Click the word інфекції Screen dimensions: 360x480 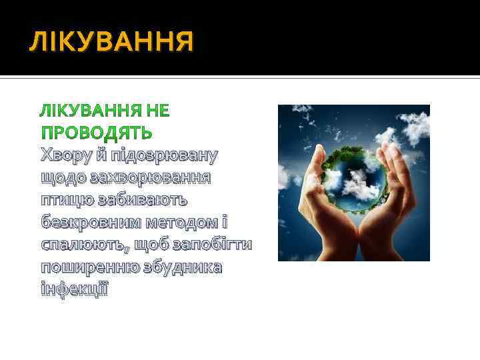click(x=74, y=289)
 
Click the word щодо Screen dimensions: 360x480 click(x=62, y=178)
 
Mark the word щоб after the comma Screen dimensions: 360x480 click(x=151, y=245)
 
